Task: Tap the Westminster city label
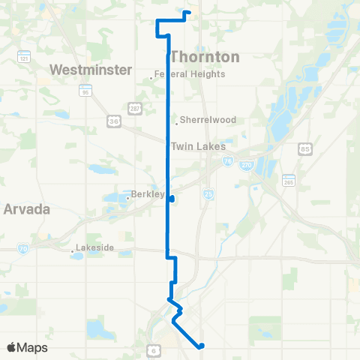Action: pos(80,70)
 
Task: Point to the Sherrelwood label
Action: pos(198,119)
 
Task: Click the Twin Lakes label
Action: pos(193,147)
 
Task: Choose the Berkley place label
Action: pos(148,194)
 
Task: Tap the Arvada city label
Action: pos(26,209)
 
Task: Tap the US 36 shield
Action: pos(113,119)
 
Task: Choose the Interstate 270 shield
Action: pos(245,163)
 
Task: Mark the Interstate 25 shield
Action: pos(207,194)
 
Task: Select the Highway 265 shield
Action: pos(289,180)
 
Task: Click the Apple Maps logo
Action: pos(27,347)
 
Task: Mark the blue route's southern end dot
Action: pos(201,346)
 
